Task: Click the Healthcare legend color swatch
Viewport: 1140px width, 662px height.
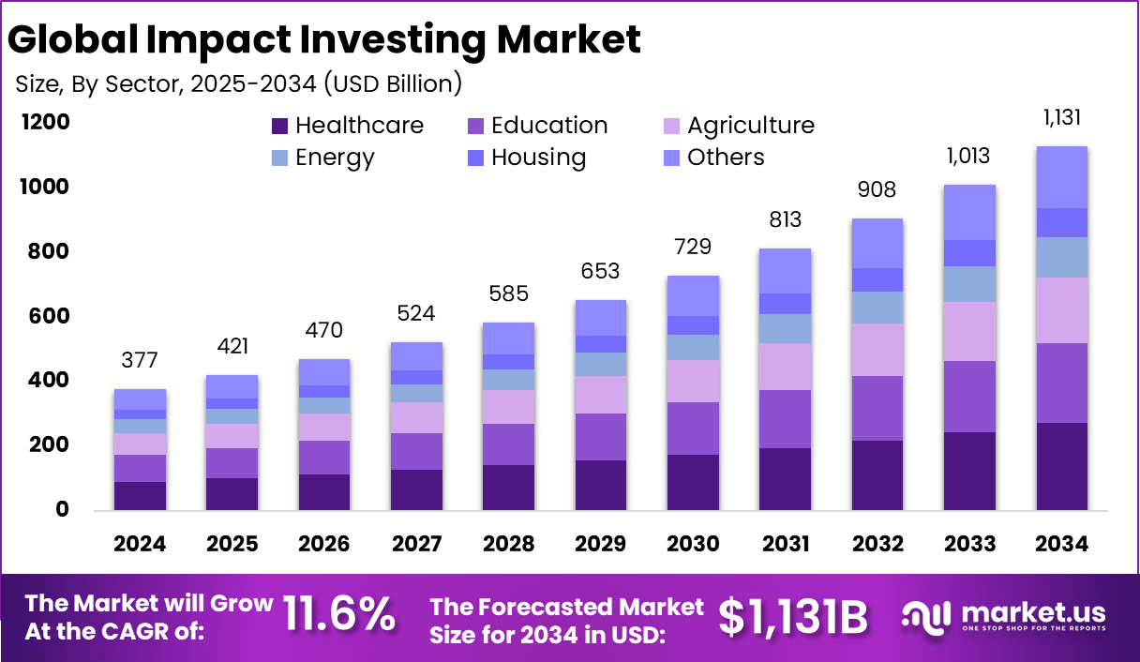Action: click(x=279, y=126)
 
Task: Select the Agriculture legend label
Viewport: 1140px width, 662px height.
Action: click(x=750, y=126)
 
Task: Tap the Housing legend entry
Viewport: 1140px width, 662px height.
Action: click(x=538, y=158)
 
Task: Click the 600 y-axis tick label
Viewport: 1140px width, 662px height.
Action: click(x=47, y=316)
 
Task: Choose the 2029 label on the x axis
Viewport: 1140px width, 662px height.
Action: click(x=600, y=545)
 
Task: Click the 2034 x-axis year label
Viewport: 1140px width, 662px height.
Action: click(x=1061, y=545)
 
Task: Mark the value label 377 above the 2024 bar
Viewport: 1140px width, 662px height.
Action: click(x=140, y=360)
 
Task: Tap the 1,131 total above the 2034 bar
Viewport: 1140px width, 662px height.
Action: click(x=1061, y=118)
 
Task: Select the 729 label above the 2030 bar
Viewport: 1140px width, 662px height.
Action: click(x=693, y=247)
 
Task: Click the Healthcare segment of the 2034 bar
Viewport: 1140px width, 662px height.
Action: click(x=1061, y=466)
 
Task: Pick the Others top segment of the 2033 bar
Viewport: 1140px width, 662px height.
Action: click(x=969, y=212)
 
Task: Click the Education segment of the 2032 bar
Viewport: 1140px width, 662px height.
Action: click(x=877, y=408)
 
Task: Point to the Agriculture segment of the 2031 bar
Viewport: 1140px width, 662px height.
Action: click(x=785, y=367)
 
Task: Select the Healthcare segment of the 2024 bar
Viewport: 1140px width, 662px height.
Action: click(x=140, y=495)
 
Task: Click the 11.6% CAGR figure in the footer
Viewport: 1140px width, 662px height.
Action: click(x=338, y=615)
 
